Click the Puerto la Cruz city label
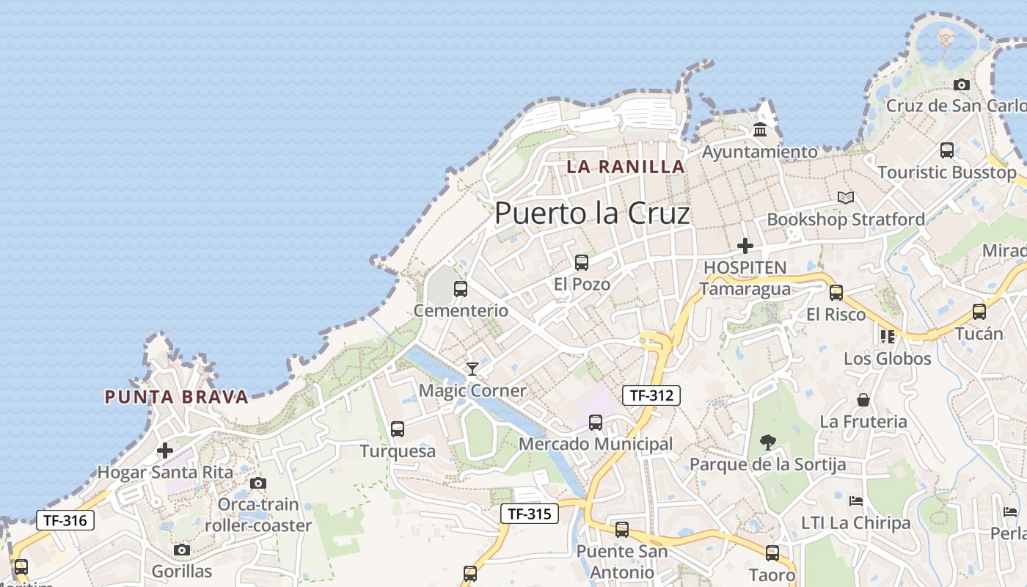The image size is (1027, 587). [592, 213]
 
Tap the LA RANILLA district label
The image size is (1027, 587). [626, 167]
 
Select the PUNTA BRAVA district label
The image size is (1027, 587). [177, 397]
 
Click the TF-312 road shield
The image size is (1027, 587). [651, 395]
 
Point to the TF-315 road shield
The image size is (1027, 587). [530, 514]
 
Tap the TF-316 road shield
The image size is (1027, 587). [65, 521]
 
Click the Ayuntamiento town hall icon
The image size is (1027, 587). [760, 131]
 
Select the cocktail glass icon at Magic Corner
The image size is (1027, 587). [472, 368]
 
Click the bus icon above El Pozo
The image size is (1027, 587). [582, 262]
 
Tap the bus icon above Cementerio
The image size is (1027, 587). [461, 288]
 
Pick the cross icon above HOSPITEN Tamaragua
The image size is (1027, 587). [745, 245]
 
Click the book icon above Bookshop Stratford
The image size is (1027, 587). [846, 197]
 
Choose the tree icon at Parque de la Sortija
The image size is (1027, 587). [768, 442]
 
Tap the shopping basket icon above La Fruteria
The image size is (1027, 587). [863, 400]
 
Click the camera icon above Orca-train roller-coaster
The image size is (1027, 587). [258, 483]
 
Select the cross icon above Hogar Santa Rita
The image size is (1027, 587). [165, 450]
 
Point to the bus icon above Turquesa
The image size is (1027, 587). [398, 429]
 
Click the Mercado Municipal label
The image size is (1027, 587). [596, 444]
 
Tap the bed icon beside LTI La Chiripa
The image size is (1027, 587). [855, 501]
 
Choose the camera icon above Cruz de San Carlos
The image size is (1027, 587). [962, 84]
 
